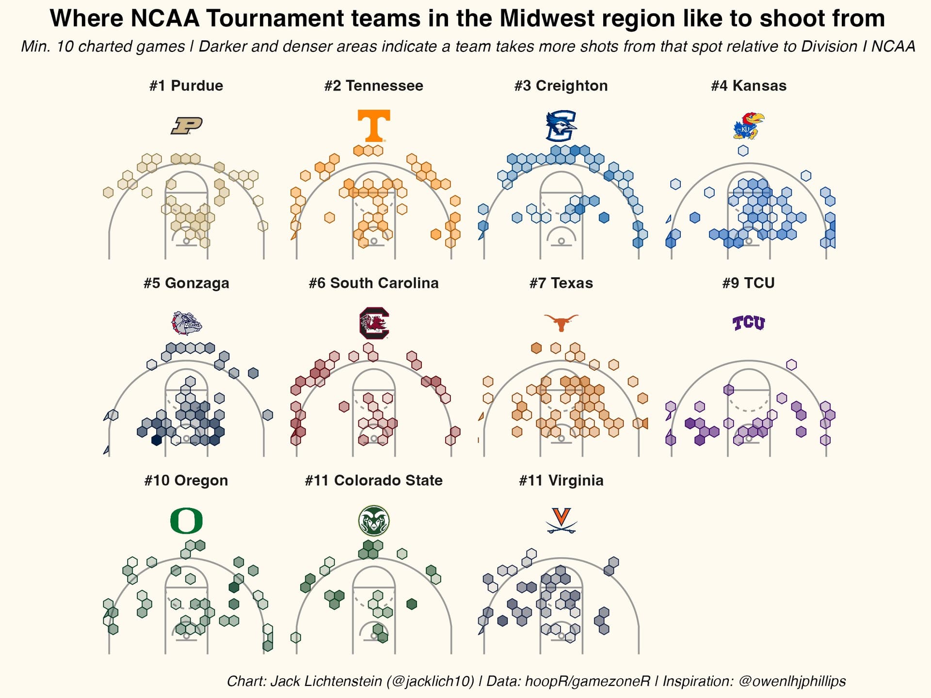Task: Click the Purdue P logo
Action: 187,126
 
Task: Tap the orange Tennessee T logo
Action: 374,126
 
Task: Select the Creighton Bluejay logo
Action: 561,126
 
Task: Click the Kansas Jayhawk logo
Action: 749,126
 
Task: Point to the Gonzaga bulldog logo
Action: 187,323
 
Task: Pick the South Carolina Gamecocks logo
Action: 374,323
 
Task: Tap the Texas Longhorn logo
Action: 561,322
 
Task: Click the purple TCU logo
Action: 749,323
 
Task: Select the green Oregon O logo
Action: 187,521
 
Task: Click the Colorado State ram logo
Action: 374,521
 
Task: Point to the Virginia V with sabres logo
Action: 561,521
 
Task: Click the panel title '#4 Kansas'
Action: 749,86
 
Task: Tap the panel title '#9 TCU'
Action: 749,283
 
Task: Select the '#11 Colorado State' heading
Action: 374,480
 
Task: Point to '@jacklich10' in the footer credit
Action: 430,681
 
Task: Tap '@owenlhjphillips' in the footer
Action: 792,681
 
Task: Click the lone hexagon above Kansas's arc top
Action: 743,151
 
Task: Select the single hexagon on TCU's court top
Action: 791,365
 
